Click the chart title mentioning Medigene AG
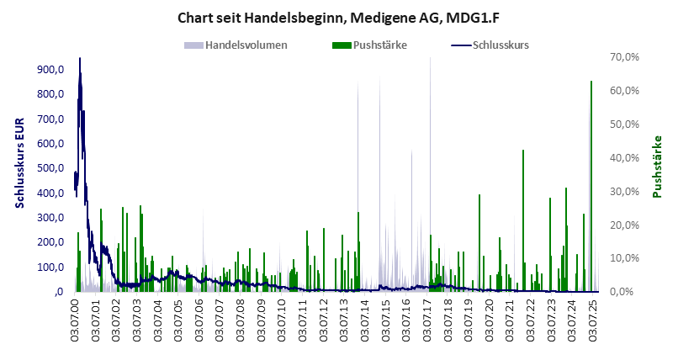pyautogui.click(x=338, y=18)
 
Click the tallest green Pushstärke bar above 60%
pyautogui.click(x=591, y=84)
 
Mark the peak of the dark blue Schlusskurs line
pyautogui.click(x=80, y=59)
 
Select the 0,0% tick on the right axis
pyautogui.click(x=628, y=292)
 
